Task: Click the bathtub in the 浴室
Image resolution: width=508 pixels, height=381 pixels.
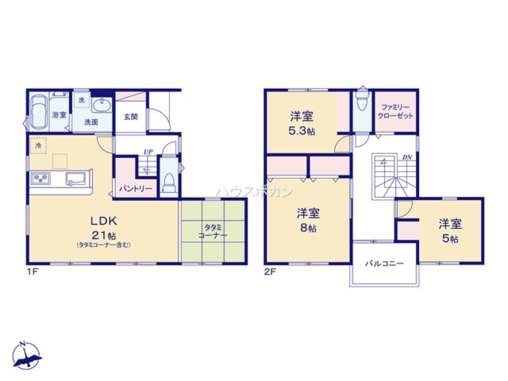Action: (x=39, y=112)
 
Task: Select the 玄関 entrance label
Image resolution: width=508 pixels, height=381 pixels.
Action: (x=130, y=116)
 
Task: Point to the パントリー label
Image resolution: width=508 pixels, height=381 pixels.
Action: (x=136, y=188)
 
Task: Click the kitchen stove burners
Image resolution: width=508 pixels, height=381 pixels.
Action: (x=41, y=178)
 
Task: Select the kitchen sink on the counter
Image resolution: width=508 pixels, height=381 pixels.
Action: (x=75, y=178)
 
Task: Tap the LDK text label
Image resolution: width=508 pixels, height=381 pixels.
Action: (x=104, y=221)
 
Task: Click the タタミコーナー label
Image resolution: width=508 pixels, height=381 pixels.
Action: (x=213, y=231)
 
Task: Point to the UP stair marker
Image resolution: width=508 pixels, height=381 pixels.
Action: (x=148, y=151)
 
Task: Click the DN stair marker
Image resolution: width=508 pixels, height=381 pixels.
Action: (x=407, y=157)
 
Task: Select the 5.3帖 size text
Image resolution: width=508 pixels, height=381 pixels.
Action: (x=302, y=131)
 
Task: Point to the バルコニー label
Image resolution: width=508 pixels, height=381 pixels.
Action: (x=384, y=264)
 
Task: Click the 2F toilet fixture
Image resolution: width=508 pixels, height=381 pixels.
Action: (x=362, y=102)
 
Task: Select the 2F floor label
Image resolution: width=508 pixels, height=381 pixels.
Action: (x=270, y=272)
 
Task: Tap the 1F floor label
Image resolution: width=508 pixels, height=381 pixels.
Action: (x=33, y=272)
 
